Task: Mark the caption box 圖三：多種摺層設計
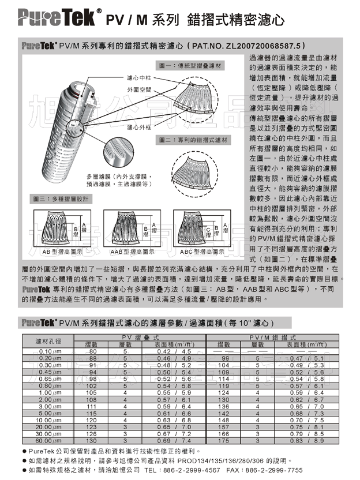click(61, 199)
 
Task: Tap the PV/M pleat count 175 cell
click(224, 441)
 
